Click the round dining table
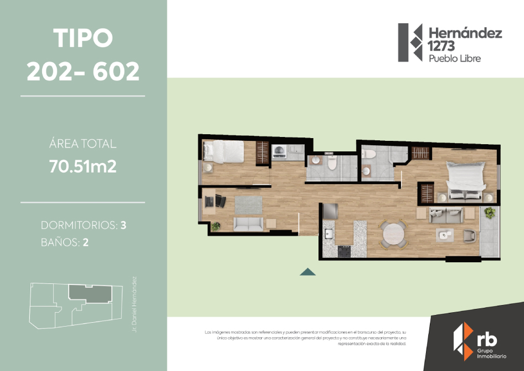(x=393, y=234)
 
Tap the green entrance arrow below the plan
(x=307, y=272)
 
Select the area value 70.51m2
(x=83, y=166)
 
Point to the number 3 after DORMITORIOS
(x=124, y=226)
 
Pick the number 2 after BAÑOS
(x=86, y=242)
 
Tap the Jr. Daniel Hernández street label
(x=136, y=304)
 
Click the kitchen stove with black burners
(x=344, y=251)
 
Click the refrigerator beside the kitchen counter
(x=331, y=211)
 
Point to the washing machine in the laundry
(x=280, y=151)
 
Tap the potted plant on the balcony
(x=490, y=212)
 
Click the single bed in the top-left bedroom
(x=223, y=150)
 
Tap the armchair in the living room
(x=469, y=235)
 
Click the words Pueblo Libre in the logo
(x=455, y=58)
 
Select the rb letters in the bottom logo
(x=487, y=339)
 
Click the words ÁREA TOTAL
(x=83, y=144)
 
